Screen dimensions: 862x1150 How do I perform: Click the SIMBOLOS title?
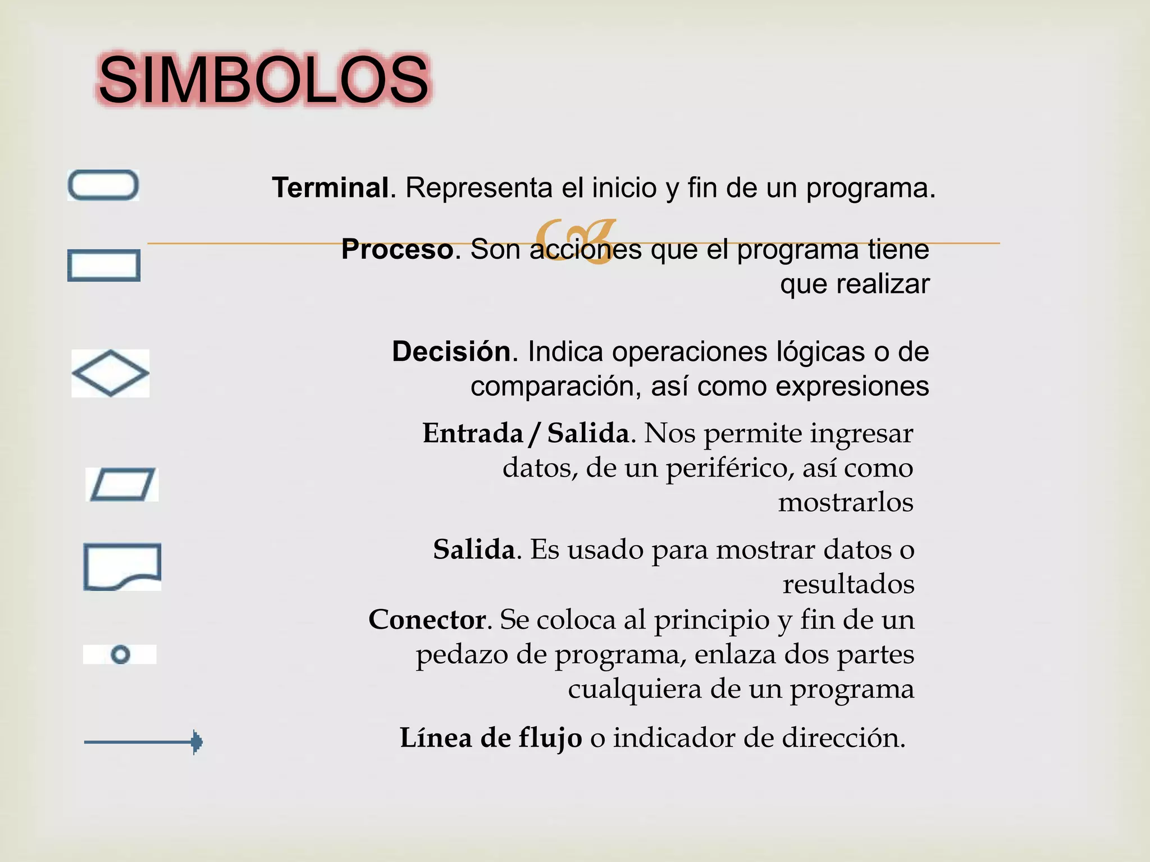tap(263, 80)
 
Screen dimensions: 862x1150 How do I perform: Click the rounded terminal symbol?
tap(103, 185)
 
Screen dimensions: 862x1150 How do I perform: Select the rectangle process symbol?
tap(104, 265)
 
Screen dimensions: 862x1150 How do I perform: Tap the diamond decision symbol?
tap(111, 373)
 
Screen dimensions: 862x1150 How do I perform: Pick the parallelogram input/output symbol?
tap(122, 484)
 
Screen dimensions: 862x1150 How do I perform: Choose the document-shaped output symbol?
tap(122, 566)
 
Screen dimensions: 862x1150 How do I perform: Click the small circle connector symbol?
tap(120, 654)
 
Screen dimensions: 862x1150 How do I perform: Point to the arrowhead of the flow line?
tap(196, 742)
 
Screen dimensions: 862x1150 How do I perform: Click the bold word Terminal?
tap(331, 187)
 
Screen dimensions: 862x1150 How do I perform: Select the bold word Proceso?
tap(398, 249)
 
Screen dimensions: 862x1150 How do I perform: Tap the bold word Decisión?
tap(451, 352)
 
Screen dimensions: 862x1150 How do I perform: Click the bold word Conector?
tap(427, 620)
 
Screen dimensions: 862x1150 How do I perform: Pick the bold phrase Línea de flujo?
tap(491, 737)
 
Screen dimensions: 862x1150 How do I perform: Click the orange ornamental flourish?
tap(575, 241)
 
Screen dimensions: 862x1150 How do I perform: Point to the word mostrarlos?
tap(845, 502)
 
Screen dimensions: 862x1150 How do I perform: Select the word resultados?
tap(848, 584)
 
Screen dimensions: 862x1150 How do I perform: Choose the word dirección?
tap(843, 737)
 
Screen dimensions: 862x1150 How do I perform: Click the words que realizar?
tap(855, 284)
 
